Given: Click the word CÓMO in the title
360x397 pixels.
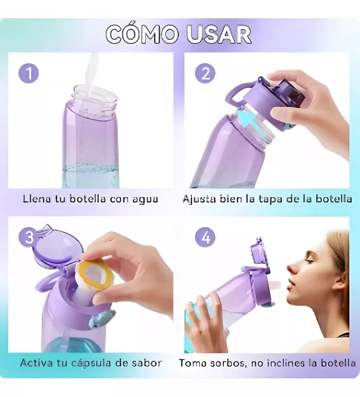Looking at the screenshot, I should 143,34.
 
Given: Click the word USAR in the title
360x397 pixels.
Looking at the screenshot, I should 219,34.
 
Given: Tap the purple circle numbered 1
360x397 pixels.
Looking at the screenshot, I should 29,73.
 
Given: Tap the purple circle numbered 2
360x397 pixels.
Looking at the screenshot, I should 205,73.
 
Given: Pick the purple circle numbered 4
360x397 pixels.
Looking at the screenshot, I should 205,238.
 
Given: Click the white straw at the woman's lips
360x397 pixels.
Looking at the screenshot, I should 276,285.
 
